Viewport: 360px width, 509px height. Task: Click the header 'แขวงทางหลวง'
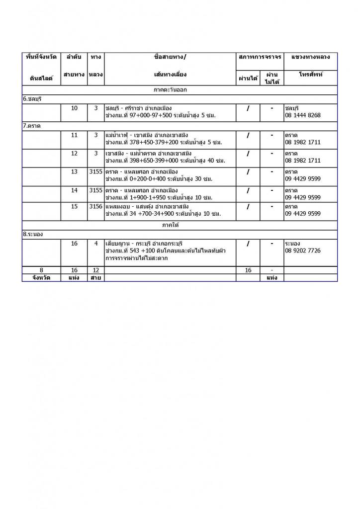tap(310, 57)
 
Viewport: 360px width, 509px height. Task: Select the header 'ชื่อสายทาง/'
tap(171, 57)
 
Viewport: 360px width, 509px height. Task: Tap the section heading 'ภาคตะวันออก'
tap(170, 90)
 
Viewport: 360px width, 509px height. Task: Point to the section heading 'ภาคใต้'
tap(170, 225)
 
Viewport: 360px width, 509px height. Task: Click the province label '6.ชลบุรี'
tap(32, 99)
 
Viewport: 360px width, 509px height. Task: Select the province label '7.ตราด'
tap(31, 126)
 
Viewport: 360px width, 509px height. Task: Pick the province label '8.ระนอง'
tap(33, 234)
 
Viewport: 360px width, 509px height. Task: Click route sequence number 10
tap(75, 108)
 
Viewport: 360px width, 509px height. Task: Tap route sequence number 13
tap(75, 171)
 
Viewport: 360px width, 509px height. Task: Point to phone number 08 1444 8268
tap(303, 115)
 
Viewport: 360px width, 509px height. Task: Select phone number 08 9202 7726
tap(303, 251)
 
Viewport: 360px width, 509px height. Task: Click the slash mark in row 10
tap(248, 108)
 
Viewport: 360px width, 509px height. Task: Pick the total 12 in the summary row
tap(95, 270)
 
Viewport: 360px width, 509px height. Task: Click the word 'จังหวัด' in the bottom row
tap(41, 278)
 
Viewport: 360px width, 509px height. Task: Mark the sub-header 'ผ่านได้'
tap(248, 78)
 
